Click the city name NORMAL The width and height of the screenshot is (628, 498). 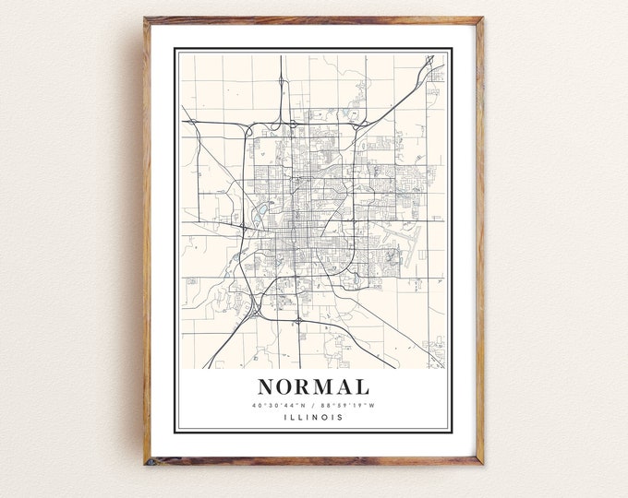pyautogui.click(x=313, y=386)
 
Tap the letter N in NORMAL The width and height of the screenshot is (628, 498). pyautogui.click(x=266, y=387)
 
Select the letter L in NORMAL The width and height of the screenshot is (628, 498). pyautogui.click(x=362, y=387)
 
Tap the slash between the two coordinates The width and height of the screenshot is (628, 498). pyautogui.click(x=314, y=405)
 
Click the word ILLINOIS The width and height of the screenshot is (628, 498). pyautogui.click(x=313, y=417)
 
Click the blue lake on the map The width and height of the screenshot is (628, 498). pyautogui.click(x=255, y=218)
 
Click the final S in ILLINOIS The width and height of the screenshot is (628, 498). pyautogui.click(x=341, y=417)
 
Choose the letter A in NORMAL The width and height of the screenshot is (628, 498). pyautogui.click(x=344, y=387)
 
